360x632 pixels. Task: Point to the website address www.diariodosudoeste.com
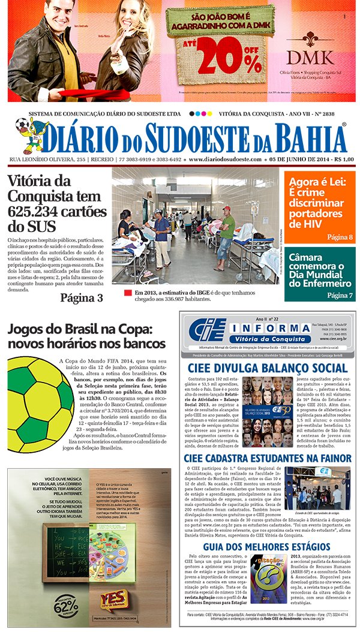point(226,160)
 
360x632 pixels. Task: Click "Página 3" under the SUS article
point(81,297)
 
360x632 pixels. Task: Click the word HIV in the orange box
point(300,224)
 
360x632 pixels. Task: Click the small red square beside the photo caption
point(127,293)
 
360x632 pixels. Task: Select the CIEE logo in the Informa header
point(208,329)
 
